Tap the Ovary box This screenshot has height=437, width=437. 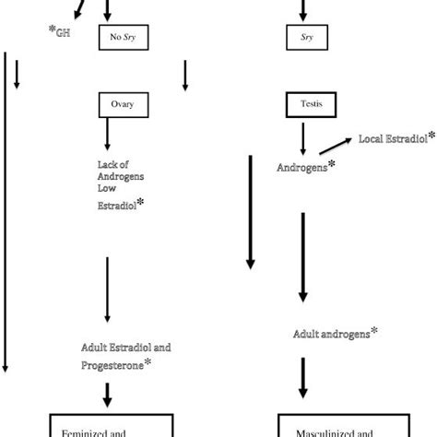click(123, 104)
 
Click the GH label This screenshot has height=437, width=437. click(62, 33)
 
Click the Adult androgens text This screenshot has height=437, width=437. click(331, 335)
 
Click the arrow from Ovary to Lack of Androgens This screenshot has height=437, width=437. click(108, 135)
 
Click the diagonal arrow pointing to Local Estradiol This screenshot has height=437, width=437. click(334, 147)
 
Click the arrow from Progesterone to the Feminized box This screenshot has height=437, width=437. click(108, 394)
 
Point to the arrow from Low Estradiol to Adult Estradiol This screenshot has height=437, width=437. click(108, 286)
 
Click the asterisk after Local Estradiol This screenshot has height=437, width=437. click(431, 136)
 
